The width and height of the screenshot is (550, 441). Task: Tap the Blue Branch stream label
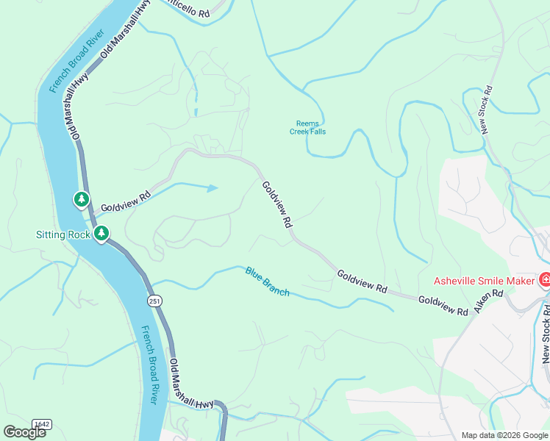[x=268, y=282]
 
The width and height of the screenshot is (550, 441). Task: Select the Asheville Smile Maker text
[x=484, y=280]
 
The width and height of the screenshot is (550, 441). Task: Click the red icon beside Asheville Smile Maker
[x=545, y=279]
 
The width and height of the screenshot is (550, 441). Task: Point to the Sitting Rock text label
[x=63, y=234]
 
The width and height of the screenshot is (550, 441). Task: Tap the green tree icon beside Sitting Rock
[x=101, y=234]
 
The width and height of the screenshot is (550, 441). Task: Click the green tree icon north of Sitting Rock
[x=81, y=199]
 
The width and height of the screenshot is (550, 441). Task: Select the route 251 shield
[x=155, y=301]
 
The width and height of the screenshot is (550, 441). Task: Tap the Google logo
[x=24, y=432]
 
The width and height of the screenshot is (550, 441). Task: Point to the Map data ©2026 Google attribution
[x=504, y=435]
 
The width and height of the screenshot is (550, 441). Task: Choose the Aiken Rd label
[x=488, y=303]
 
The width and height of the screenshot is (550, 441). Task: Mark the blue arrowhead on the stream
[x=213, y=188]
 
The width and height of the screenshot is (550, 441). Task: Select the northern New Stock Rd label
[x=486, y=110]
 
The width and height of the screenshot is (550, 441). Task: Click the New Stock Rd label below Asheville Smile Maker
[x=546, y=334]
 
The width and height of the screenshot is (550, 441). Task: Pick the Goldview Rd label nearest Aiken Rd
[x=443, y=306]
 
